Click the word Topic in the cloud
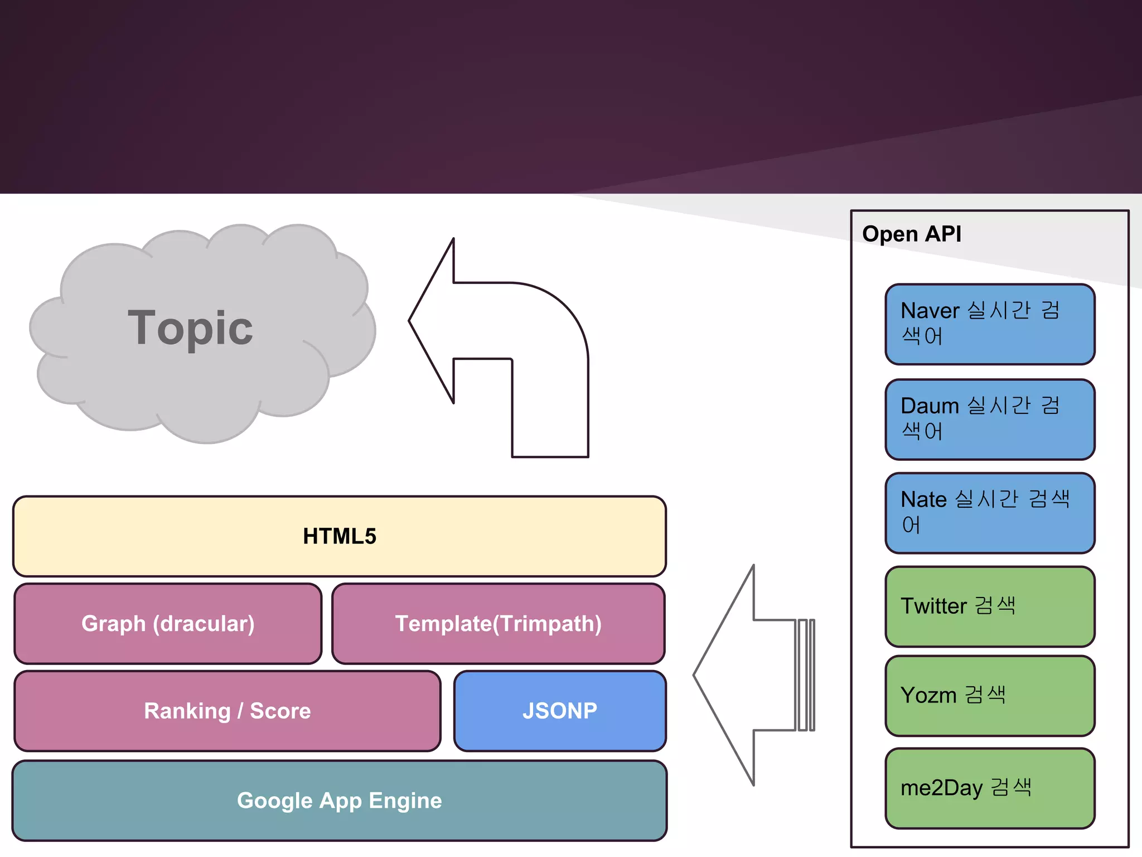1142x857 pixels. [190, 328]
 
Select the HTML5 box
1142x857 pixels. [339, 536]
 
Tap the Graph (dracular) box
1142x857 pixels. [168, 624]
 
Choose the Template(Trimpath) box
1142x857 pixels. [498, 624]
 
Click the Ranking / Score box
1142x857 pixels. [227, 711]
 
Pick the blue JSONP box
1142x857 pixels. [560, 711]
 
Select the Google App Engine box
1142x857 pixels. [339, 801]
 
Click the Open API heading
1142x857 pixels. [912, 234]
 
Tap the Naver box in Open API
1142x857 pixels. [990, 324]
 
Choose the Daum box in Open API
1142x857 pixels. [990, 419]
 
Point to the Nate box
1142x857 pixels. [990, 513]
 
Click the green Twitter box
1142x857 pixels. [990, 606]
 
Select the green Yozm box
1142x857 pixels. [990, 696]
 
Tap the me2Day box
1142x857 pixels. [990, 788]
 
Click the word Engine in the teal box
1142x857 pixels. [405, 801]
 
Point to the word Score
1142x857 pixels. [280, 711]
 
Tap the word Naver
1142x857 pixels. [930, 311]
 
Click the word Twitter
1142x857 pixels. [933, 606]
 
